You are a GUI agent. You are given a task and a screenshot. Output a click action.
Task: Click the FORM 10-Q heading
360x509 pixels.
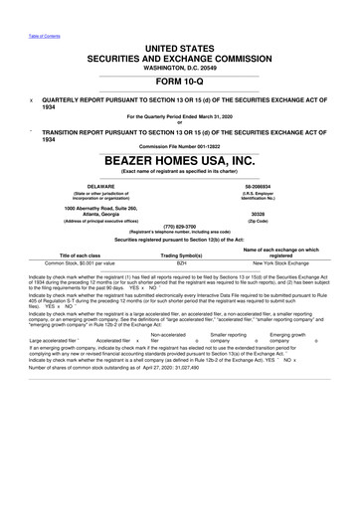click(179, 83)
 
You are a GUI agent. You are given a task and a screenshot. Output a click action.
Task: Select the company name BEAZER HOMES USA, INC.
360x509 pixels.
click(180, 158)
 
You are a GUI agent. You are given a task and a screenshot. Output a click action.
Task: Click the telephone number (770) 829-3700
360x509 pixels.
click(180, 226)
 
